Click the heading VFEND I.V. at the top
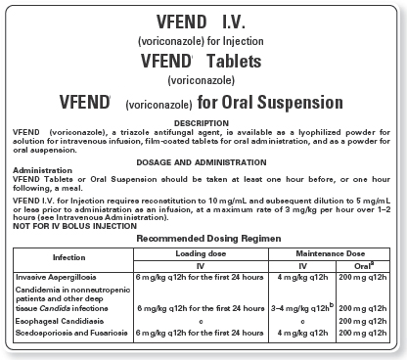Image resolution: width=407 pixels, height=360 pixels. pos(203,22)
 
